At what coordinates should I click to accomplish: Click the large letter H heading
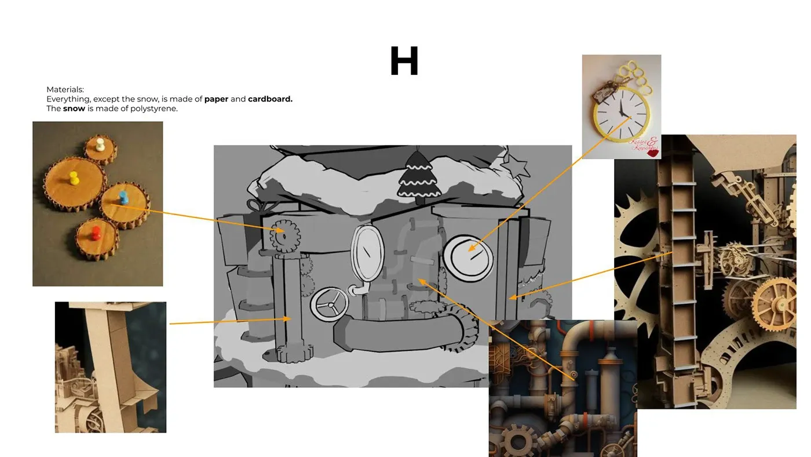pos(404,61)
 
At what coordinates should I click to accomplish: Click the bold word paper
pos(216,99)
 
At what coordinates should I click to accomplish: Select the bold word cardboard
pos(270,99)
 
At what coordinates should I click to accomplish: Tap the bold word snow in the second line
pos(74,108)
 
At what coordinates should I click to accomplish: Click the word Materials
pos(65,90)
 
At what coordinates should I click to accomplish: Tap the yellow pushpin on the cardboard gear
pos(74,178)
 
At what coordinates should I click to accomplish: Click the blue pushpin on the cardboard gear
pos(123,197)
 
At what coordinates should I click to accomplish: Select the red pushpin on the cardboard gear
pos(97,234)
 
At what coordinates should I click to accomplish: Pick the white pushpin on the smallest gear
pos(100,144)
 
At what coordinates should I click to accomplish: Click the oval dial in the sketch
pos(368,254)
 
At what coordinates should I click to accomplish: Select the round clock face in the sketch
pos(468,257)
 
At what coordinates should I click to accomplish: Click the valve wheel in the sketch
pos(329,304)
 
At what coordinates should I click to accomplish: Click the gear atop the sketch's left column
pos(284,236)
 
